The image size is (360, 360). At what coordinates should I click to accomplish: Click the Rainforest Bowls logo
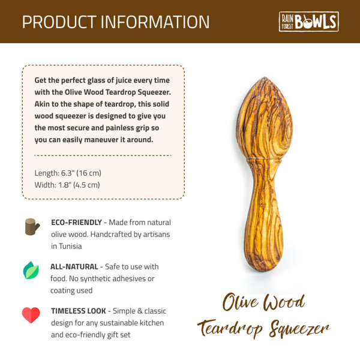309,22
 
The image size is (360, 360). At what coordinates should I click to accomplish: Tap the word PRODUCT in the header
59,22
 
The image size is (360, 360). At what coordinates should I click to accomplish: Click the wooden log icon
32,227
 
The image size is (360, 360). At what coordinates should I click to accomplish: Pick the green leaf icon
31,270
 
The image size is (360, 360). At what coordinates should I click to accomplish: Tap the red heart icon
31,315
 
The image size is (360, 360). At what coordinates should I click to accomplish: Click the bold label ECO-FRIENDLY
76,222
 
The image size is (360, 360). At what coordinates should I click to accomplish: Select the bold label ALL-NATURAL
74,266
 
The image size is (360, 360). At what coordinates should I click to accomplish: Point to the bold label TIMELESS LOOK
78,311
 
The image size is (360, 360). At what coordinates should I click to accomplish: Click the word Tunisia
70,246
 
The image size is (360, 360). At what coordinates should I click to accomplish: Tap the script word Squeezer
300,329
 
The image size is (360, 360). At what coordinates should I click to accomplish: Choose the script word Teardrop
230,329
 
